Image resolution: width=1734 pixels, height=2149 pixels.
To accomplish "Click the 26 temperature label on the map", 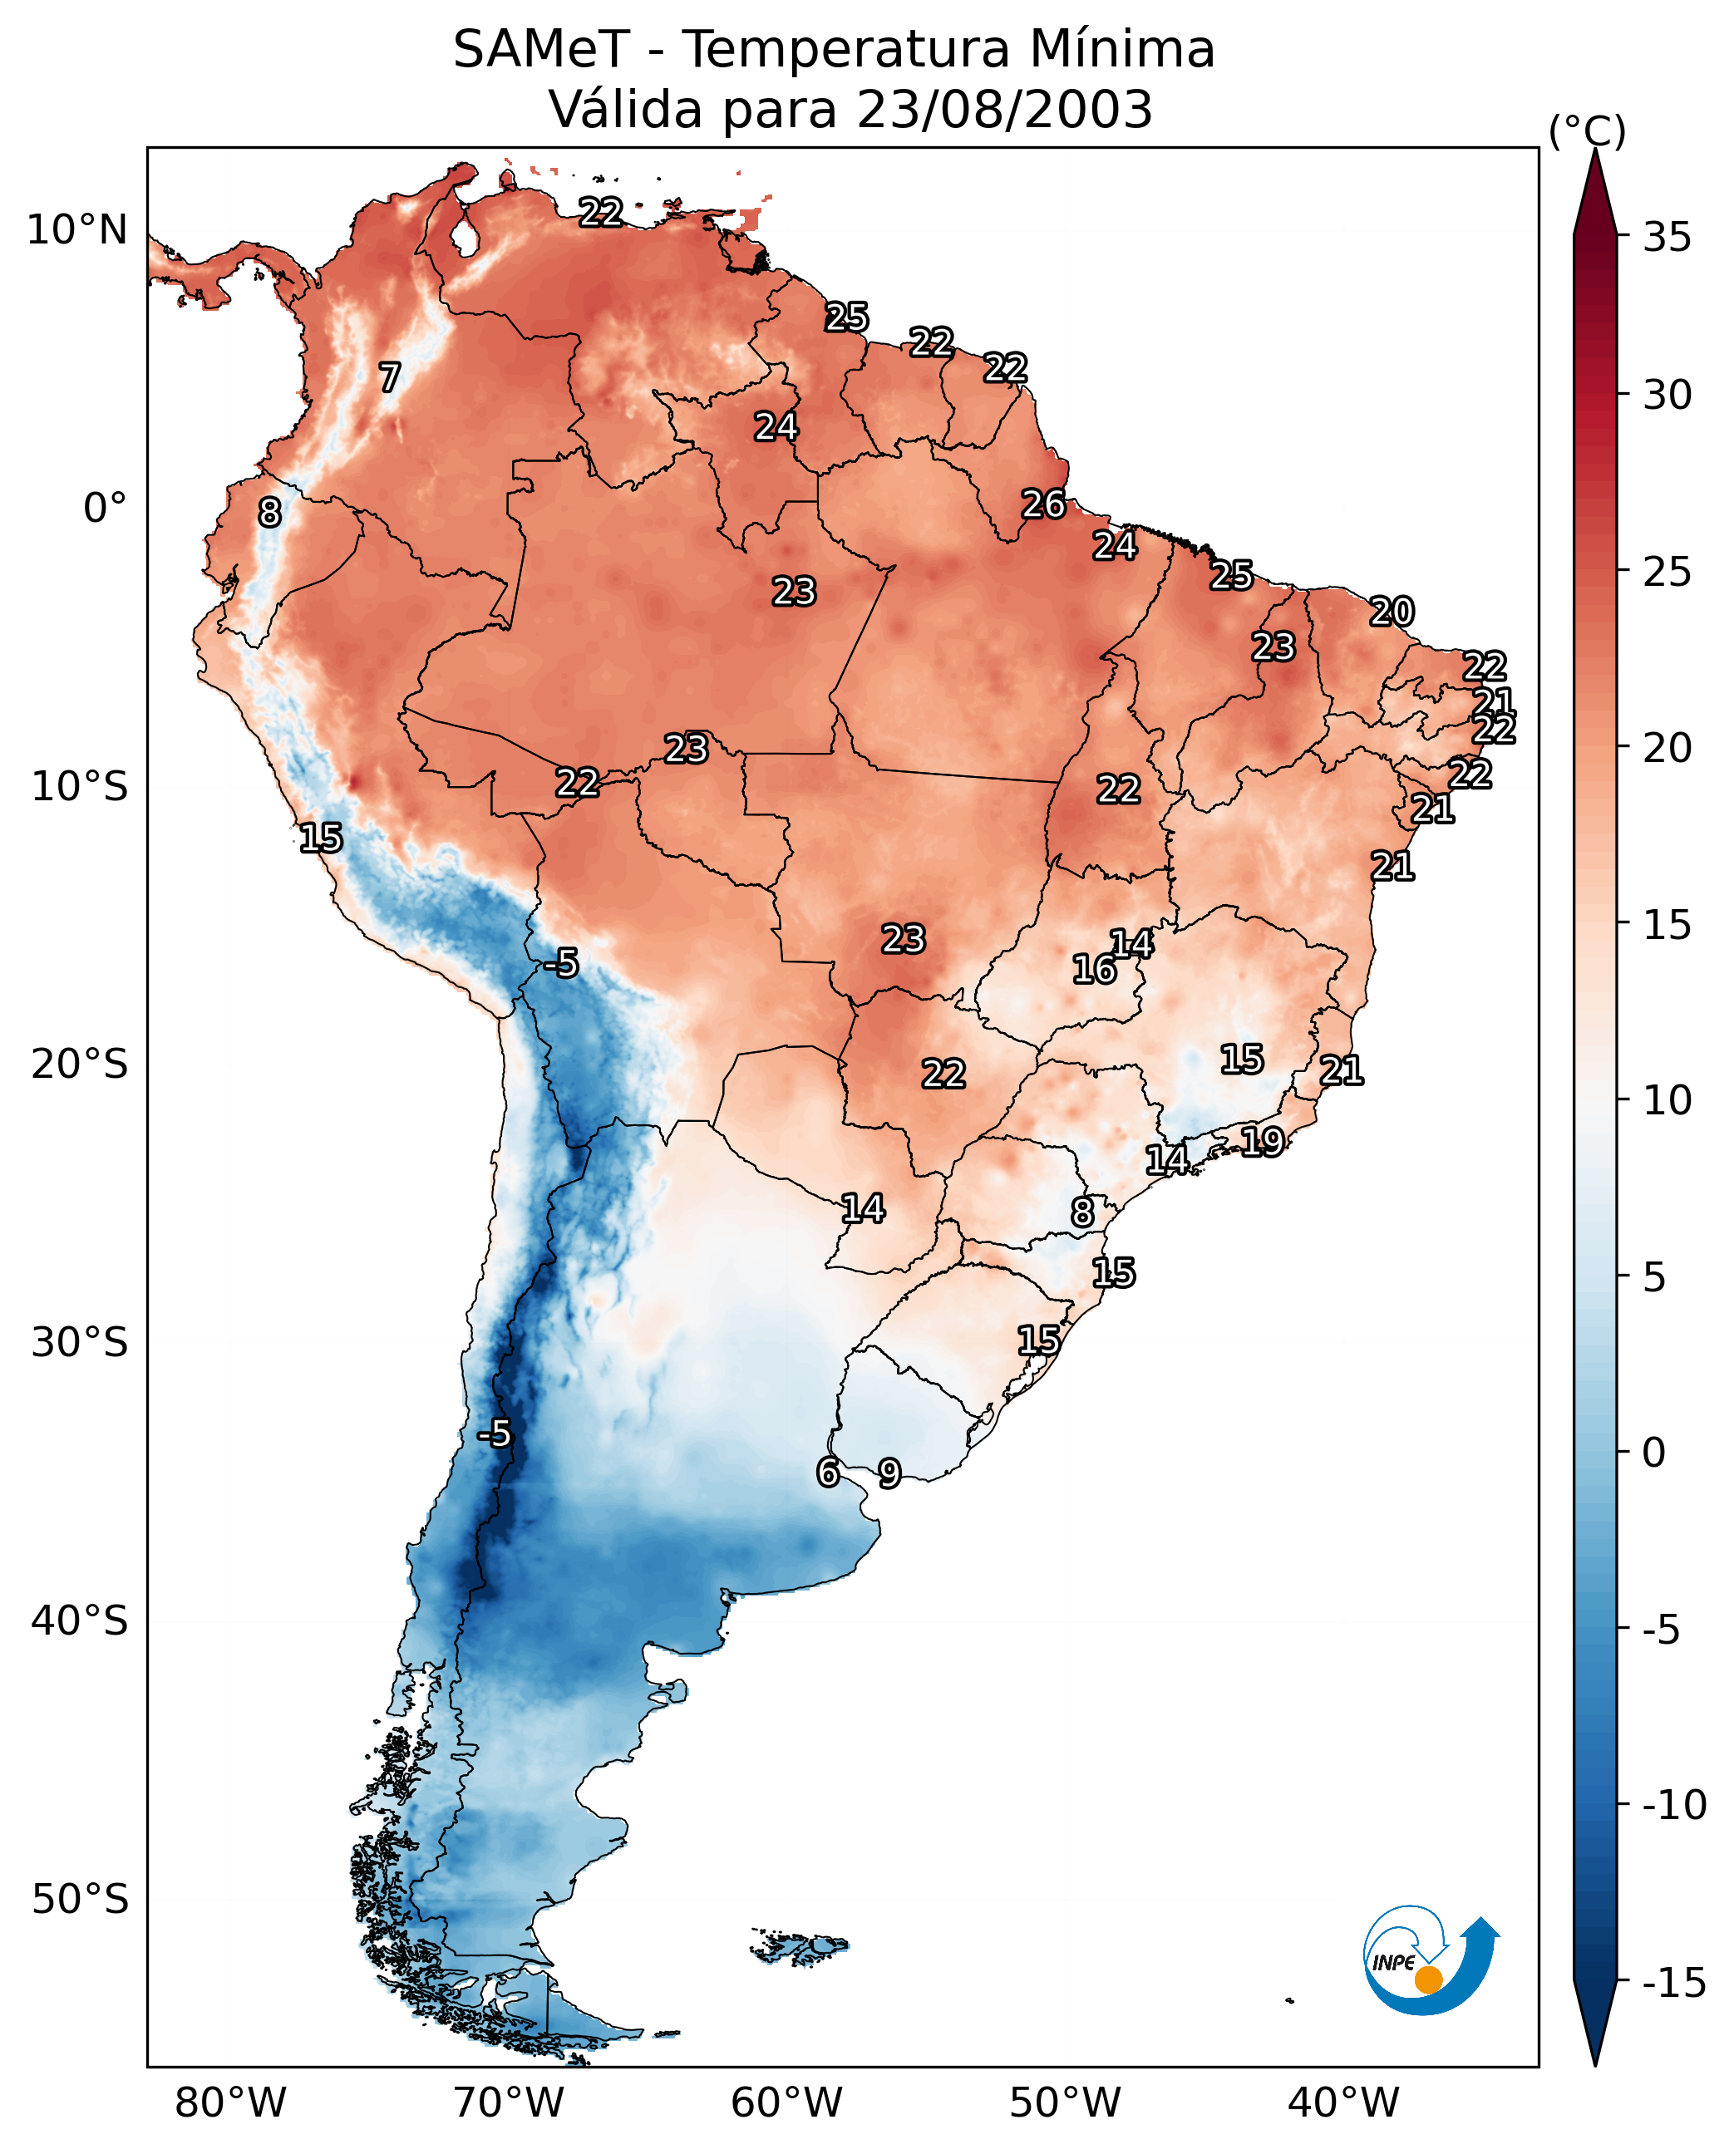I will pos(1044,504).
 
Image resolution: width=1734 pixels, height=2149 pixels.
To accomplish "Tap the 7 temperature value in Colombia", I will pos(390,377).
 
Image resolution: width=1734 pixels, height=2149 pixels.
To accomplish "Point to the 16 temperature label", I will pos(1094,969).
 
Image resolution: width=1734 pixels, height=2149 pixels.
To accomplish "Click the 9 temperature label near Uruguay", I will pos(889,1472).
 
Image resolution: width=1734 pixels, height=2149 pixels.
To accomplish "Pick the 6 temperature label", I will pos(828,1471).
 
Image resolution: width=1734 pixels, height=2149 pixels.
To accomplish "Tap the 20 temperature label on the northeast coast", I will pos(1392,611).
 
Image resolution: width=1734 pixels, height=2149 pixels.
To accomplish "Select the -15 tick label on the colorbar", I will pos(1674,1984).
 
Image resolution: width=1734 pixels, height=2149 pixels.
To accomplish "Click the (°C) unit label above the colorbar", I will pos(1587,130).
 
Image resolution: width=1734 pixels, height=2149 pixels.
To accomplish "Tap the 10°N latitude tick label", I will pos(77,231).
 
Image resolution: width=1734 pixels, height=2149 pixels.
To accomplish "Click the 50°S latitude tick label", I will pos(80,1898).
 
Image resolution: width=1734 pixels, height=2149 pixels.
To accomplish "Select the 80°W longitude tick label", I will pos(231,2103).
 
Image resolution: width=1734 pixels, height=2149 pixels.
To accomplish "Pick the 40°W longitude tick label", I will pos(1343,2103).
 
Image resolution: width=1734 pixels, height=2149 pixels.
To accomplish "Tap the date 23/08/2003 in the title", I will pos(1005,109).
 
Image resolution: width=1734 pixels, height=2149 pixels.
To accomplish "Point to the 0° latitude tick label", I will pos(105,509).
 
